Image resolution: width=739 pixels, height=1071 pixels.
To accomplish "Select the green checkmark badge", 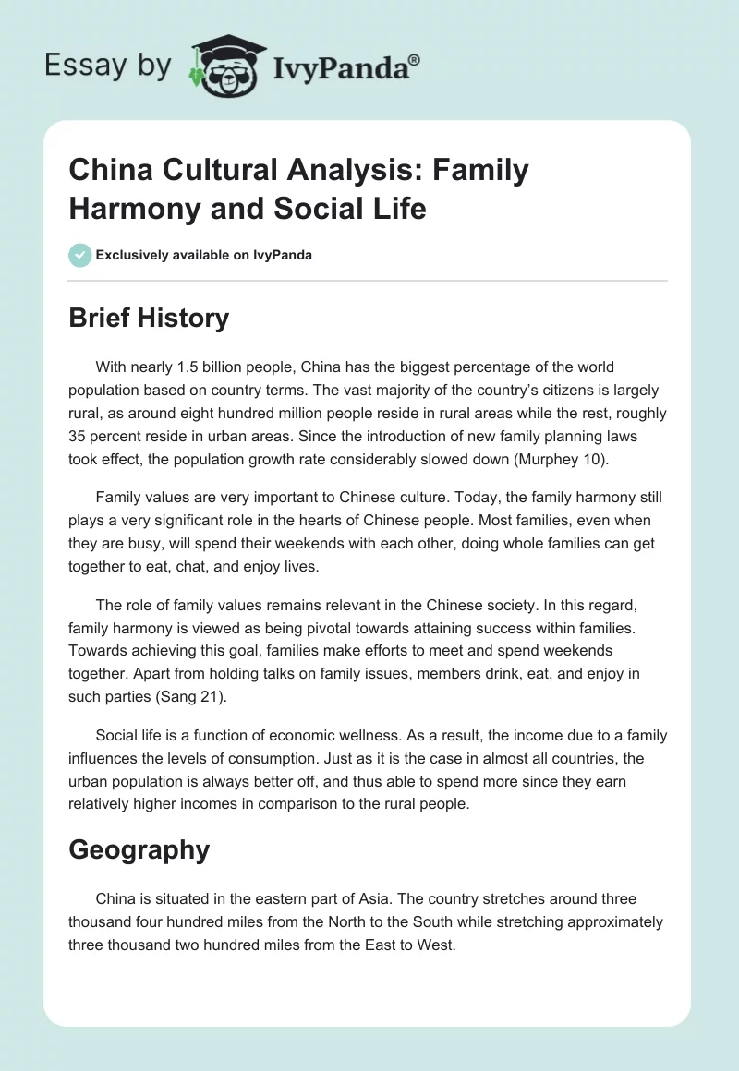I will coord(79,255).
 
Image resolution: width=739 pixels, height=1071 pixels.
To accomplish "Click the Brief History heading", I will coord(149,318).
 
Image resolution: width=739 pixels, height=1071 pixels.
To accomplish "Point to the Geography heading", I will coord(139,849).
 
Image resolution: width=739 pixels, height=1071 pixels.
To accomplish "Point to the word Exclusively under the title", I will coord(137,255).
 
